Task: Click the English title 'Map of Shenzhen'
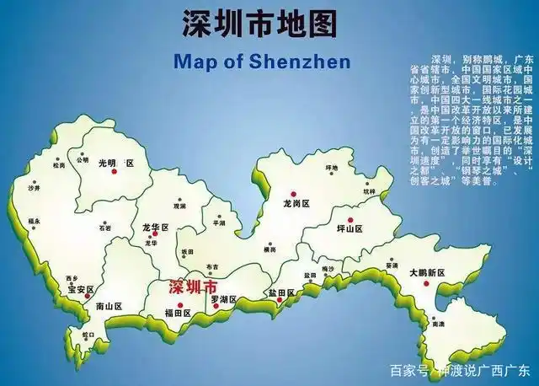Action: tap(261, 62)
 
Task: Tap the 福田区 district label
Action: tap(178, 313)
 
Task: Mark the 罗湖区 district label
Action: tap(222, 299)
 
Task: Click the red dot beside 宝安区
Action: tap(88, 296)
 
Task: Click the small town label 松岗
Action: tap(58, 165)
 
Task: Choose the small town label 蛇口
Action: tap(88, 335)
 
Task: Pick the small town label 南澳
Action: tap(437, 324)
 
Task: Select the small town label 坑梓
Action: tap(370, 191)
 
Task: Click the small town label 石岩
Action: tap(104, 227)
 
